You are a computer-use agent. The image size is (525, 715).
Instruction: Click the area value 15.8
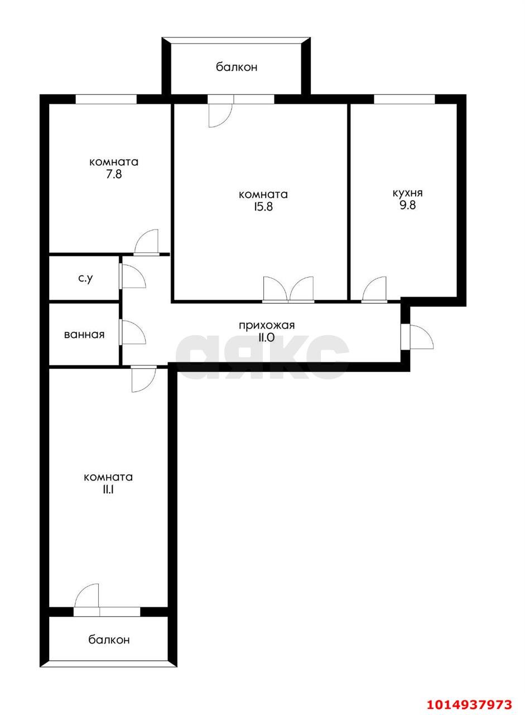[x=263, y=207]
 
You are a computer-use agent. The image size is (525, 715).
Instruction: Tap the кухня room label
[x=407, y=193]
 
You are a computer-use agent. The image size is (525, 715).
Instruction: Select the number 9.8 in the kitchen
[x=407, y=205]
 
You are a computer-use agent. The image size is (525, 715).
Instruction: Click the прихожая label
[x=267, y=326]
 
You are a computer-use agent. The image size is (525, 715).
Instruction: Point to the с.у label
[x=85, y=278]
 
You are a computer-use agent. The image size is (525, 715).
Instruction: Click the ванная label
[x=84, y=335]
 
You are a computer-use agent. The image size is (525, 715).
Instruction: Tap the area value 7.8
[x=113, y=174]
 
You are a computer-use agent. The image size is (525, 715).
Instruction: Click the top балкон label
[x=237, y=67]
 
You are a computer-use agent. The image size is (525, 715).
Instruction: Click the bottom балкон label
[x=109, y=640]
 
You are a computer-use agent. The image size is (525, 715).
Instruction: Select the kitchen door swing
[x=374, y=290]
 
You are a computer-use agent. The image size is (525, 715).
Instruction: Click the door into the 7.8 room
[x=147, y=242]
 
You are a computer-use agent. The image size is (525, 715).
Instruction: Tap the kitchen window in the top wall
[x=404, y=99]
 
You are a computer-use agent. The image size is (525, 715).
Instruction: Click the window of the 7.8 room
[x=106, y=99]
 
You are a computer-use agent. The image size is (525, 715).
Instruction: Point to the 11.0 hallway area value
[x=267, y=337]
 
